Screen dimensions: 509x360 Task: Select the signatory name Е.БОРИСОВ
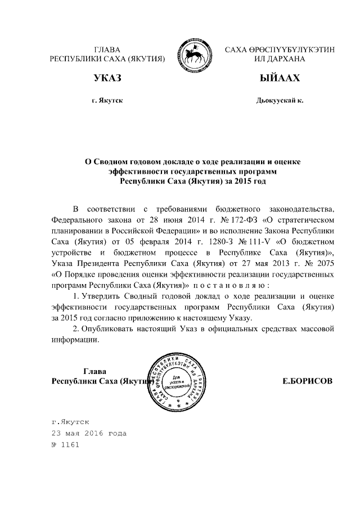(x=307, y=381)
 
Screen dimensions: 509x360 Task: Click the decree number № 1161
(x=65, y=444)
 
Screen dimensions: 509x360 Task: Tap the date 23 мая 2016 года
(x=89, y=433)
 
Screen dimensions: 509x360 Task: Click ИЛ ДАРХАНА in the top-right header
(x=279, y=58)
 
